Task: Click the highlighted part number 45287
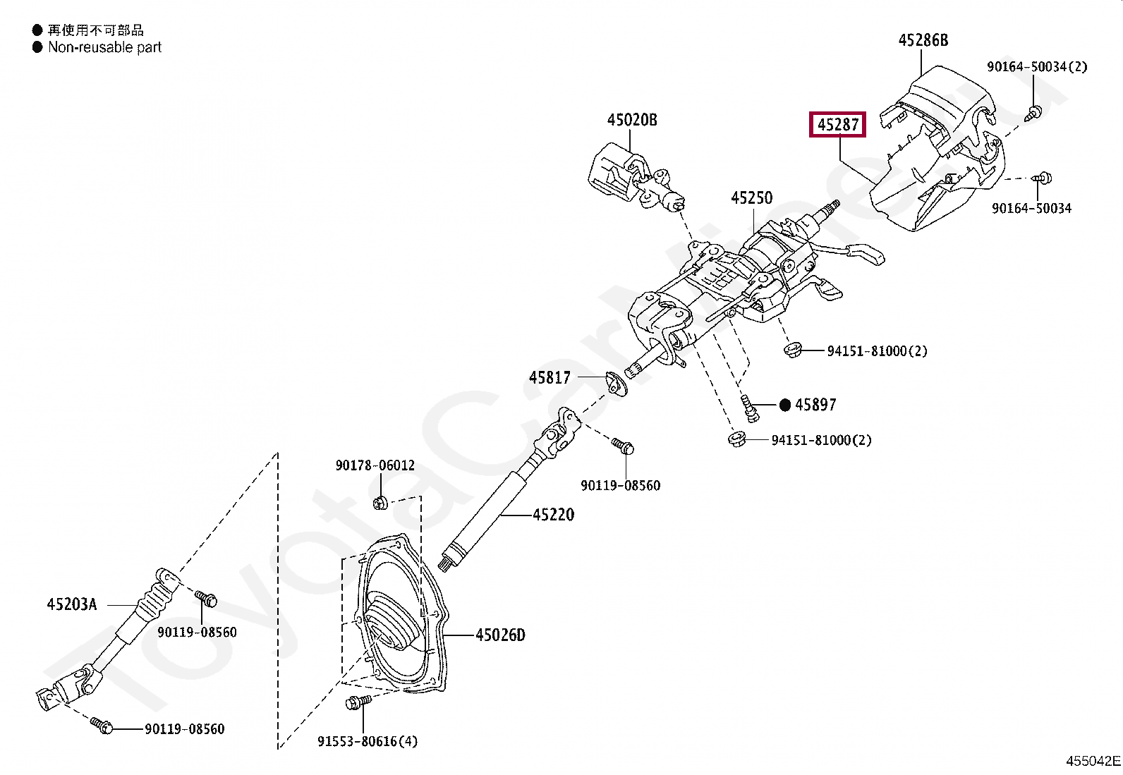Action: tap(837, 125)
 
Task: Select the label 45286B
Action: tap(923, 40)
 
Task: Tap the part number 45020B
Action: tap(631, 120)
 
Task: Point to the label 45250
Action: tap(751, 198)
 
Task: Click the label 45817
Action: tap(550, 378)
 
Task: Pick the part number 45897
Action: tap(815, 405)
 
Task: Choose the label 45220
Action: tap(553, 515)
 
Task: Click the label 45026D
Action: tap(500, 635)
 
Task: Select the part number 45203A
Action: tap(72, 604)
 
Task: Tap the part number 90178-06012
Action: tap(375, 465)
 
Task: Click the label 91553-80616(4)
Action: tap(368, 741)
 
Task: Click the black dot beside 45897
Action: tap(785, 405)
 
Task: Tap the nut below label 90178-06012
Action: tap(380, 503)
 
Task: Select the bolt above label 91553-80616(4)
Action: tap(358, 702)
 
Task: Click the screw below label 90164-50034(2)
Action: tap(1035, 111)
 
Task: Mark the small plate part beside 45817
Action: tap(617, 384)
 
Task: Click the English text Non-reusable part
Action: tap(104, 47)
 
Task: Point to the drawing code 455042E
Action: tap(1093, 761)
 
